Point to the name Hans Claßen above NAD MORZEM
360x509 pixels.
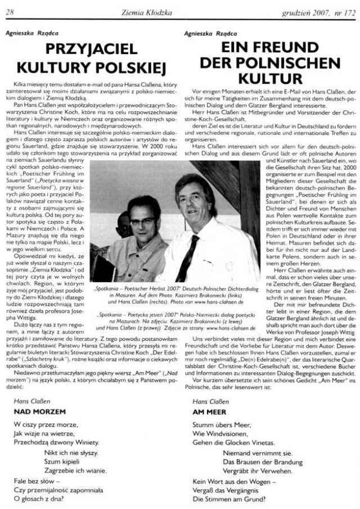[27, 402]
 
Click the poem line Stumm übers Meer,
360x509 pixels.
[219, 425]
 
